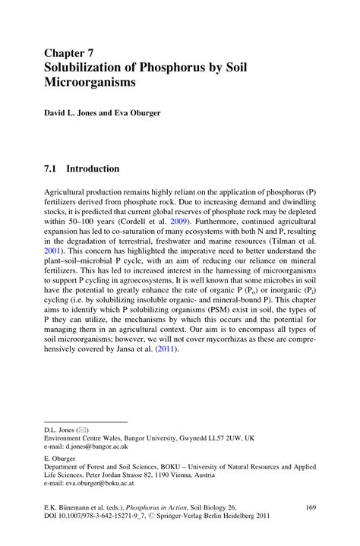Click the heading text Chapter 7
click(72, 53)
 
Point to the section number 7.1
click(54, 168)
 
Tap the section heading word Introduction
click(92, 168)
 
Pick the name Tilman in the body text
click(284, 237)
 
